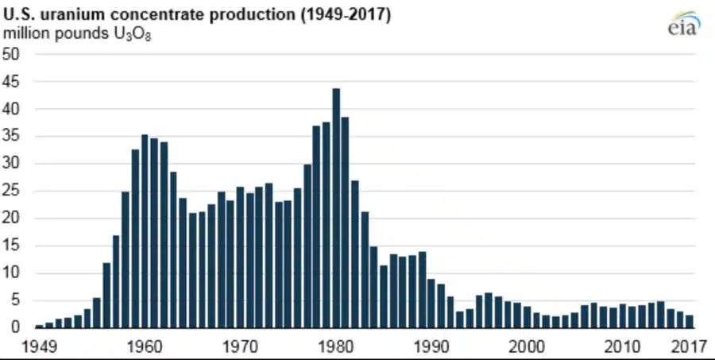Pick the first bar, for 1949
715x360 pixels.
click(x=39, y=326)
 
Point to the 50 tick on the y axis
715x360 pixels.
click(x=12, y=54)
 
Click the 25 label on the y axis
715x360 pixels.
click(x=12, y=191)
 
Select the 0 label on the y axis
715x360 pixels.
click(x=15, y=327)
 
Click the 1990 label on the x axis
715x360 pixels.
click(x=431, y=346)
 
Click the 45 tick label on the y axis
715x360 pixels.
click(x=12, y=82)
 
